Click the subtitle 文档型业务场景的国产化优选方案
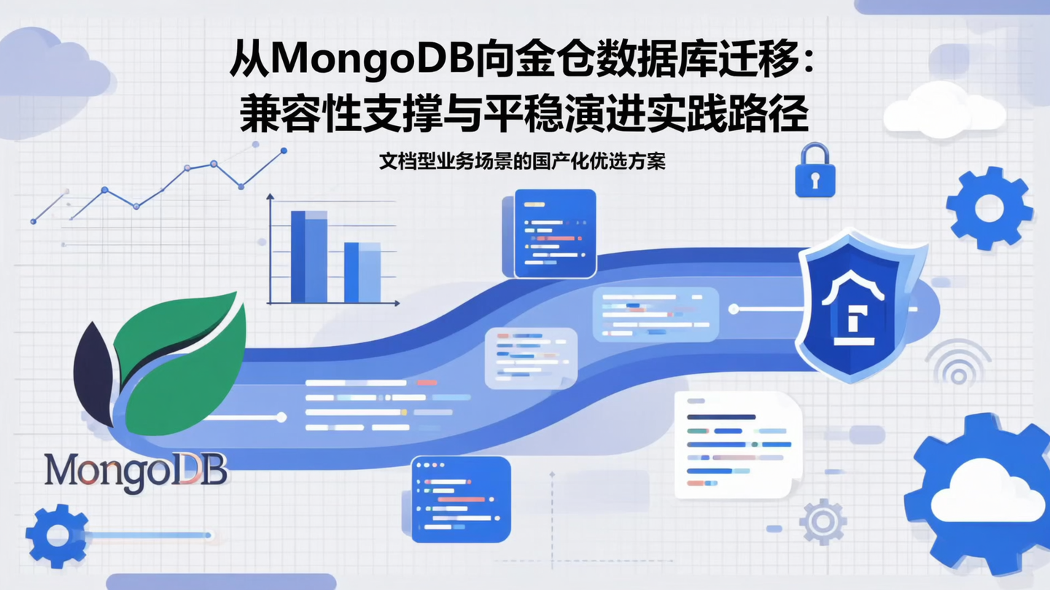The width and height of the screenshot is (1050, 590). coord(522,162)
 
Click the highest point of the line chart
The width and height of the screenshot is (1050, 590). coord(284,151)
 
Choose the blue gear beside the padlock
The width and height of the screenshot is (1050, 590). coord(989,208)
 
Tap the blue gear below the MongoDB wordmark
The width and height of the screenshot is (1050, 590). coord(57,535)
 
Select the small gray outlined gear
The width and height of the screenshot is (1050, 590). coord(822,522)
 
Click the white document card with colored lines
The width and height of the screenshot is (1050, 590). coord(737,444)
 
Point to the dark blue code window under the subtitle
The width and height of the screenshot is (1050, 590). coord(554,233)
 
